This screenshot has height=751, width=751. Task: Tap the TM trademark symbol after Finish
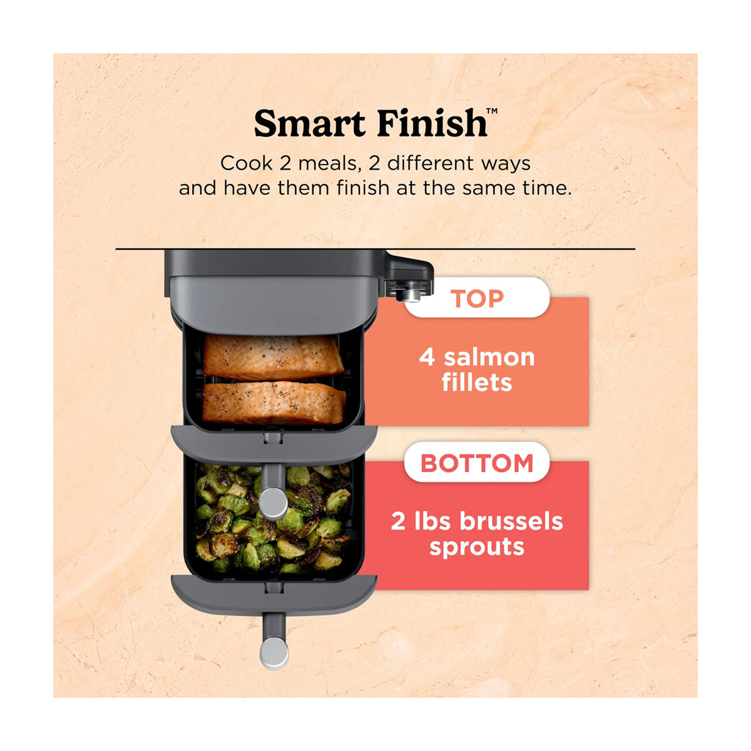pyautogui.click(x=492, y=111)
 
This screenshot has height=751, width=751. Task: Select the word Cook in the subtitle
pyautogui.click(x=246, y=163)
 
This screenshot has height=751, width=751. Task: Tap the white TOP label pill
pyautogui.click(x=477, y=298)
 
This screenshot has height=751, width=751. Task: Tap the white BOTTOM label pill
pyautogui.click(x=477, y=463)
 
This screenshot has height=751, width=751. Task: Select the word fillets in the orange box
pyautogui.click(x=477, y=382)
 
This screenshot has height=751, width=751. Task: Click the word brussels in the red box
pyautogui.click(x=511, y=521)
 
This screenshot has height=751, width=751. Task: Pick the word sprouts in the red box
pyautogui.click(x=477, y=548)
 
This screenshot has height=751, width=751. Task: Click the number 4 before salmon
pyautogui.click(x=427, y=357)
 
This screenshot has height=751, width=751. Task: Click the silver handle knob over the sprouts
pyautogui.click(x=273, y=504)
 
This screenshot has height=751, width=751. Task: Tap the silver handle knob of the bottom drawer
pyautogui.click(x=273, y=653)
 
